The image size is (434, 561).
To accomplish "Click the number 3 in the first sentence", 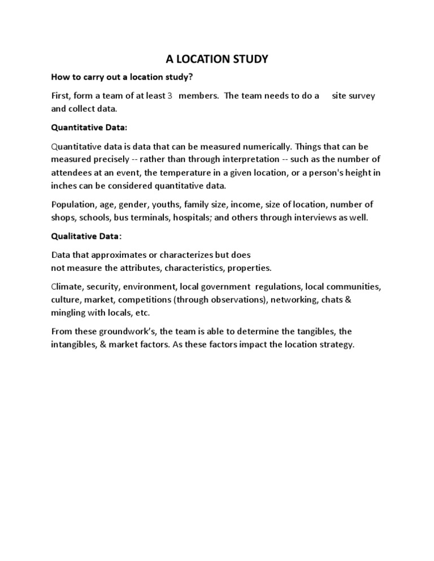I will point(170,96).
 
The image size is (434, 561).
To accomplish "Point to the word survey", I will point(361,96).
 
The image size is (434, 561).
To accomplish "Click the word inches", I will point(64,185).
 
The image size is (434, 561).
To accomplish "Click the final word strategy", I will point(336,345).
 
